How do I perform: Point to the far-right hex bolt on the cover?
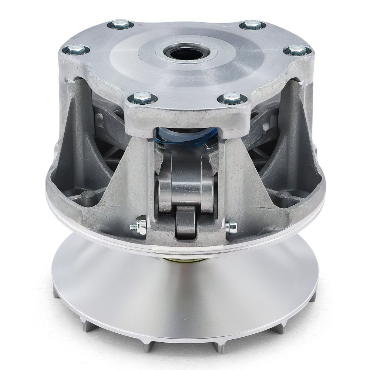298,50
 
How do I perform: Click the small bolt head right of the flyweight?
232,226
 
